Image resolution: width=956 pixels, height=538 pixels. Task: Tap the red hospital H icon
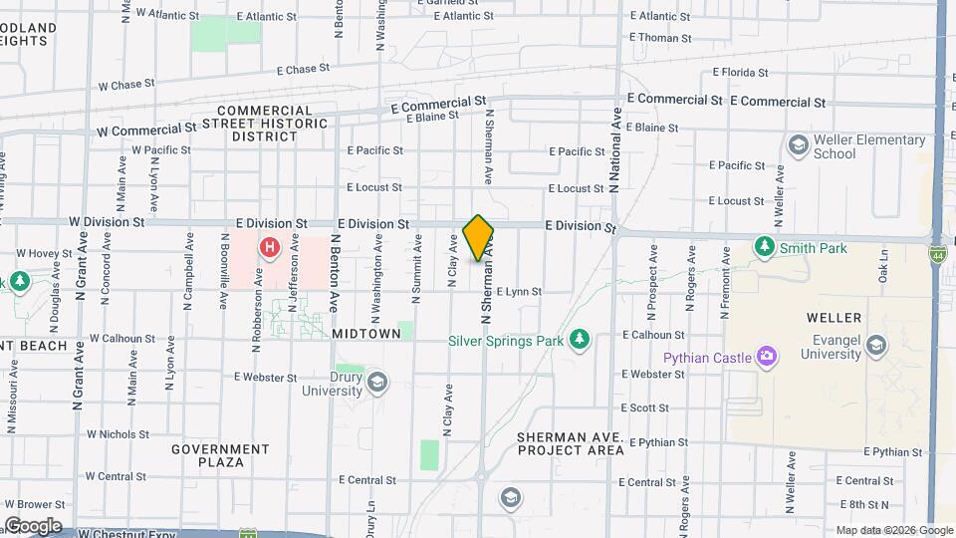tap(268, 247)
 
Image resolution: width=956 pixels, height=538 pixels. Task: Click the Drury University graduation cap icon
tap(376, 382)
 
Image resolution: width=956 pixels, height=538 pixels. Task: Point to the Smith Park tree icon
tap(764, 246)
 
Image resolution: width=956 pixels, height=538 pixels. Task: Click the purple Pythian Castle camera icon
tap(766, 357)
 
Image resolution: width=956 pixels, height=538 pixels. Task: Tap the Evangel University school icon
tap(876, 346)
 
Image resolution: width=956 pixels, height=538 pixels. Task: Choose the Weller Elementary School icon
tap(798, 145)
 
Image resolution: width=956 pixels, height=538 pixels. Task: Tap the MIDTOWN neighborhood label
tap(371, 335)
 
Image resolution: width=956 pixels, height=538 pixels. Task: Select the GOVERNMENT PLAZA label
tap(220, 455)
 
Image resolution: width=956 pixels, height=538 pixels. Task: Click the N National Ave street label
tap(615, 149)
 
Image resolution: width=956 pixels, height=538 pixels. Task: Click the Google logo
tap(32, 526)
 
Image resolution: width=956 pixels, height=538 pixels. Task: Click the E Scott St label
tap(645, 408)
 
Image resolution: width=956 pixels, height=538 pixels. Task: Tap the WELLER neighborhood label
tap(835, 318)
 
